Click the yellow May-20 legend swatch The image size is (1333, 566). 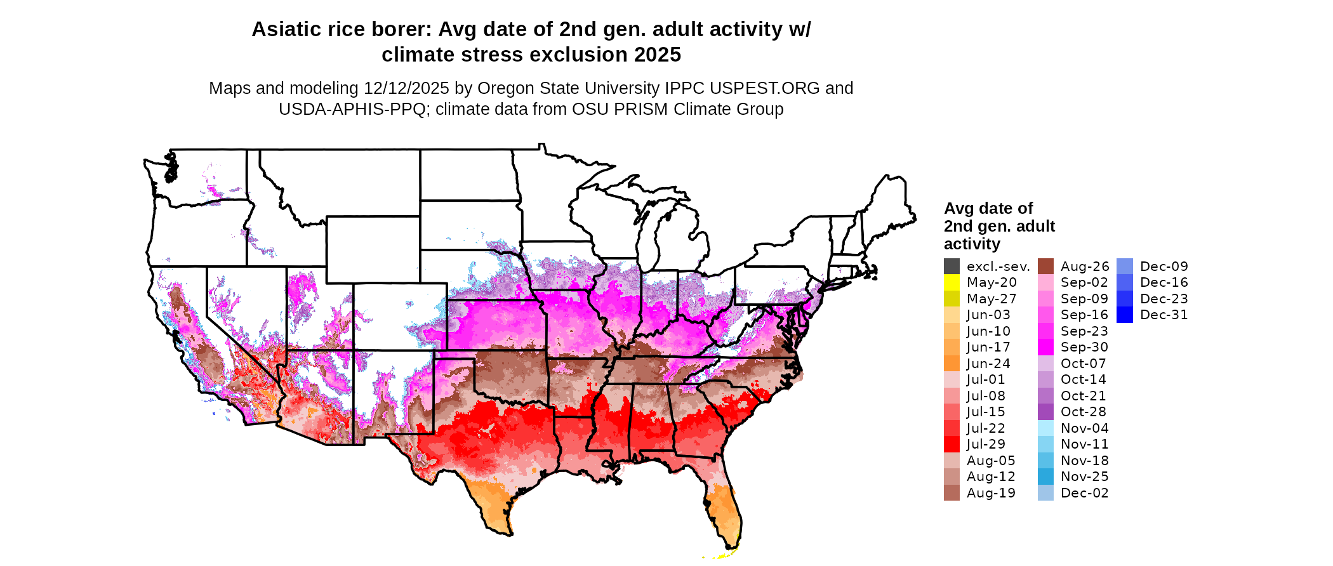[x=952, y=282]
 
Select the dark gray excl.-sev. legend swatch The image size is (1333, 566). [x=952, y=267]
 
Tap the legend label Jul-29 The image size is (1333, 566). [x=986, y=444]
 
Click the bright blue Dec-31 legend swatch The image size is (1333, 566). [x=1124, y=315]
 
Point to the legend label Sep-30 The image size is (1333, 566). [x=1084, y=347]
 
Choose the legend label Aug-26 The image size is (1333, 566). [x=1084, y=267]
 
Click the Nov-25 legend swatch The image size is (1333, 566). [x=1045, y=477]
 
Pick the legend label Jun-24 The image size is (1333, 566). [x=988, y=364]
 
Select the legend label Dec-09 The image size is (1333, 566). [x=1164, y=267]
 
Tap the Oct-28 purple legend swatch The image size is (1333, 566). [x=1045, y=412]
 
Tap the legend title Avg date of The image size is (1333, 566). [x=988, y=209]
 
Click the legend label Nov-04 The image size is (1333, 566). [x=1084, y=428]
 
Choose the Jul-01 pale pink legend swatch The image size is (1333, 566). [x=952, y=379]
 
